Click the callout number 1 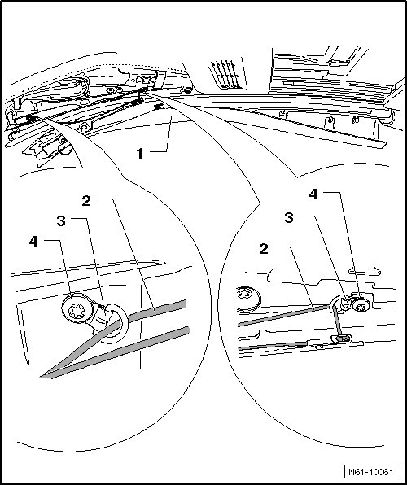click(x=140, y=154)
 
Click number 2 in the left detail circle click(x=86, y=201)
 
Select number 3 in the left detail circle click(x=61, y=221)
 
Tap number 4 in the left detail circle click(x=33, y=241)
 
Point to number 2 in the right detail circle click(x=264, y=249)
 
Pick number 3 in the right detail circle click(x=289, y=218)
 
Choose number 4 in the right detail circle click(x=313, y=194)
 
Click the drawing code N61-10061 click(x=371, y=472)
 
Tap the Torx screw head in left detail click(x=77, y=309)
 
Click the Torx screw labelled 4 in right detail click(x=361, y=305)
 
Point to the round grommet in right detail click(x=248, y=298)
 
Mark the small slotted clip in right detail click(x=341, y=339)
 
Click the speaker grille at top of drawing click(x=227, y=74)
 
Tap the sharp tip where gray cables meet click(x=41, y=377)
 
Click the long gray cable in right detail click(x=283, y=315)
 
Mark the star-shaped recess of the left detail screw click(x=77, y=311)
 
